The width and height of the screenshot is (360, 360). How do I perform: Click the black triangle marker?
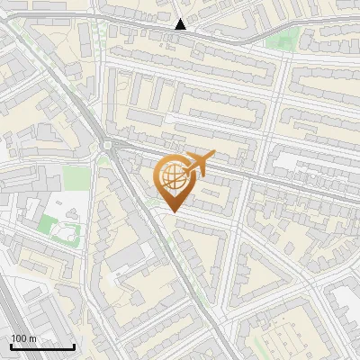click(x=181, y=24)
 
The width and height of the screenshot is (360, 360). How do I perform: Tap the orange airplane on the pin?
click(x=197, y=163)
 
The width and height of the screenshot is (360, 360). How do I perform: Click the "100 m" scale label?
click(x=23, y=337)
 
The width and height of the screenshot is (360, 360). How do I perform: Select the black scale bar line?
click(x=42, y=346)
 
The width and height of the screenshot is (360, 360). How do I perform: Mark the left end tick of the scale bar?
click(x=11, y=346)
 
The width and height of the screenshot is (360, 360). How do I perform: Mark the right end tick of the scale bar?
click(x=74, y=346)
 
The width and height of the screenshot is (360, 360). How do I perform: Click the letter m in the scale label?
click(x=31, y=337)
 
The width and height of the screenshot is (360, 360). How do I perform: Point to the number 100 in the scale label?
click(x=19, y=337)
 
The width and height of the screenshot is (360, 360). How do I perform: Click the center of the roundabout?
click(x=108, y=147)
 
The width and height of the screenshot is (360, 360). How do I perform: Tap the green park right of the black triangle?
click(x=287, y=39)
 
